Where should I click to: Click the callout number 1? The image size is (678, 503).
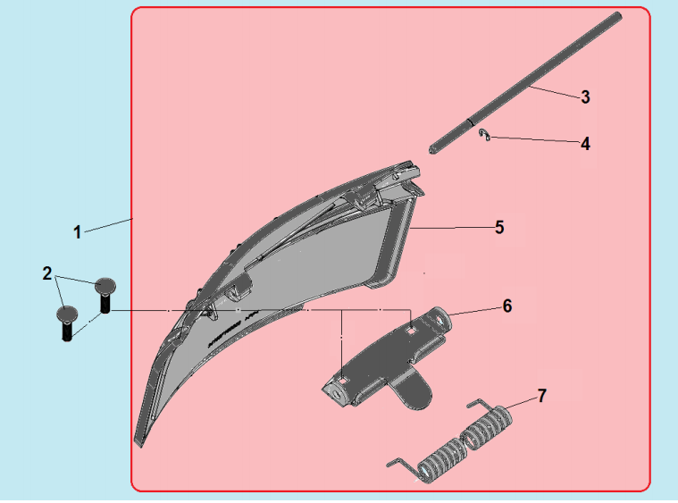[78, 232]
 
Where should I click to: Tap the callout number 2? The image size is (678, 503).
[46, 273]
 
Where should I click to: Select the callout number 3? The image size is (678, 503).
[585, 97]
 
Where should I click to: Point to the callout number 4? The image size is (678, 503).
[585, 143]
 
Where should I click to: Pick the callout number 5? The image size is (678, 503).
[499, 228]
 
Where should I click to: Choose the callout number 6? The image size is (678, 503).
[506, 306]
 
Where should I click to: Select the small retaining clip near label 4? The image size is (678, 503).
[484, 135]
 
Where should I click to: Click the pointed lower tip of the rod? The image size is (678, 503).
[431, 150]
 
